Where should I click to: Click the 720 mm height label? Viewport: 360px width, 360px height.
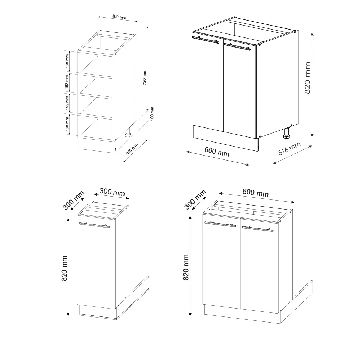(144, 78)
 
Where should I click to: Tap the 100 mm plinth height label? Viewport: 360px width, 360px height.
(152, 114)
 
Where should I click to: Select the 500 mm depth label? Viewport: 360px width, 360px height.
(132, 149)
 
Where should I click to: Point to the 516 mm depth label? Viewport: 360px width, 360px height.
(289, 149)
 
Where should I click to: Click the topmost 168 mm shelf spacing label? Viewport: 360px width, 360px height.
(67, 61)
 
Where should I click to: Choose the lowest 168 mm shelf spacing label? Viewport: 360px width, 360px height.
(67, 124)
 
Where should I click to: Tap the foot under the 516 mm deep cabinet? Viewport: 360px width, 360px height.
(286, 134)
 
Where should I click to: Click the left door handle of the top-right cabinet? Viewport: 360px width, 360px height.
(205, 40)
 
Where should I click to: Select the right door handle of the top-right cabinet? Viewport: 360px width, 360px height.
(237, 46)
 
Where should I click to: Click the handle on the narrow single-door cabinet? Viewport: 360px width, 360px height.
(94, 225)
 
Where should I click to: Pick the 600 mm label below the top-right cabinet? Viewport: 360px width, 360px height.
(217, 152)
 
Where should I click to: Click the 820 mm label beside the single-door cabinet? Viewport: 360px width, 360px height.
(64, 269)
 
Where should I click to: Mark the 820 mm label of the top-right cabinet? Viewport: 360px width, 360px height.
(307, 78)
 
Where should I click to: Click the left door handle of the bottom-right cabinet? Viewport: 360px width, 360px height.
(220, 224)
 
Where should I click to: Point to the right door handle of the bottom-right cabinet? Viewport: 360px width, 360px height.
(258, 229)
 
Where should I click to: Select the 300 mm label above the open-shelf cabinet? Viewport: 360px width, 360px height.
(119, 17)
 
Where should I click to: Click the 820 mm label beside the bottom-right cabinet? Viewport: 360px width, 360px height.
(186, 267)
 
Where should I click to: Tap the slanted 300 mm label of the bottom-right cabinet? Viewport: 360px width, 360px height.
(195, 200)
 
